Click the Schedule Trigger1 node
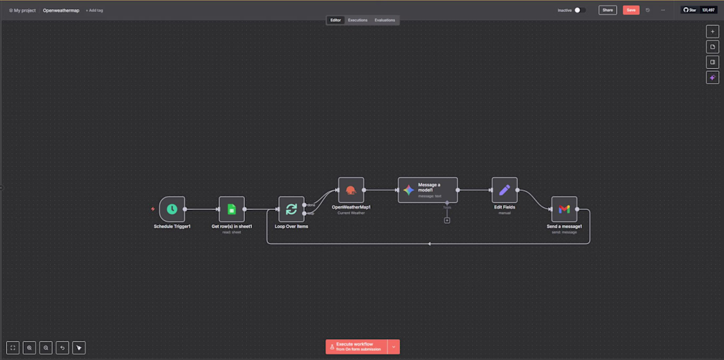point(172,209)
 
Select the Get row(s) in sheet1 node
point(232,209)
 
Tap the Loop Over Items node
point(291,209)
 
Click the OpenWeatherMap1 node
point(351,190)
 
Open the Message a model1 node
point(427,190)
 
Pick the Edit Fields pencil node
point(504,190)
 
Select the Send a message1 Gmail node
point(564,209)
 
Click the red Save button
point(631,11)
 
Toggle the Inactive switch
point(579,11)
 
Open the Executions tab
point(358,20)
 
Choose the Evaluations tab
point(385,20)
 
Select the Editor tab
point(336,20)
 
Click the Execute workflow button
point(356,347)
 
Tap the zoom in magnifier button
point(30,347)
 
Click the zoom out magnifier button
point(46,347)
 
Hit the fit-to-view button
point(13,347)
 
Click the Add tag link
point(94,11)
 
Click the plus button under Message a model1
point(447,220)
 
